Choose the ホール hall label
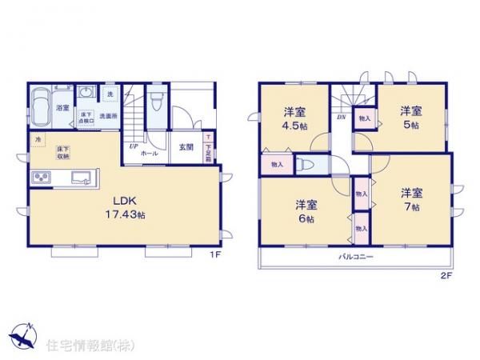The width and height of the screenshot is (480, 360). tap(149, 152)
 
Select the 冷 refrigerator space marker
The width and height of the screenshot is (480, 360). tap(37, 142)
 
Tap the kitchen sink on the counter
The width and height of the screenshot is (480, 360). tap(82, 177)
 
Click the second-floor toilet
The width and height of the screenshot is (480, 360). tap(306, 164)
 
